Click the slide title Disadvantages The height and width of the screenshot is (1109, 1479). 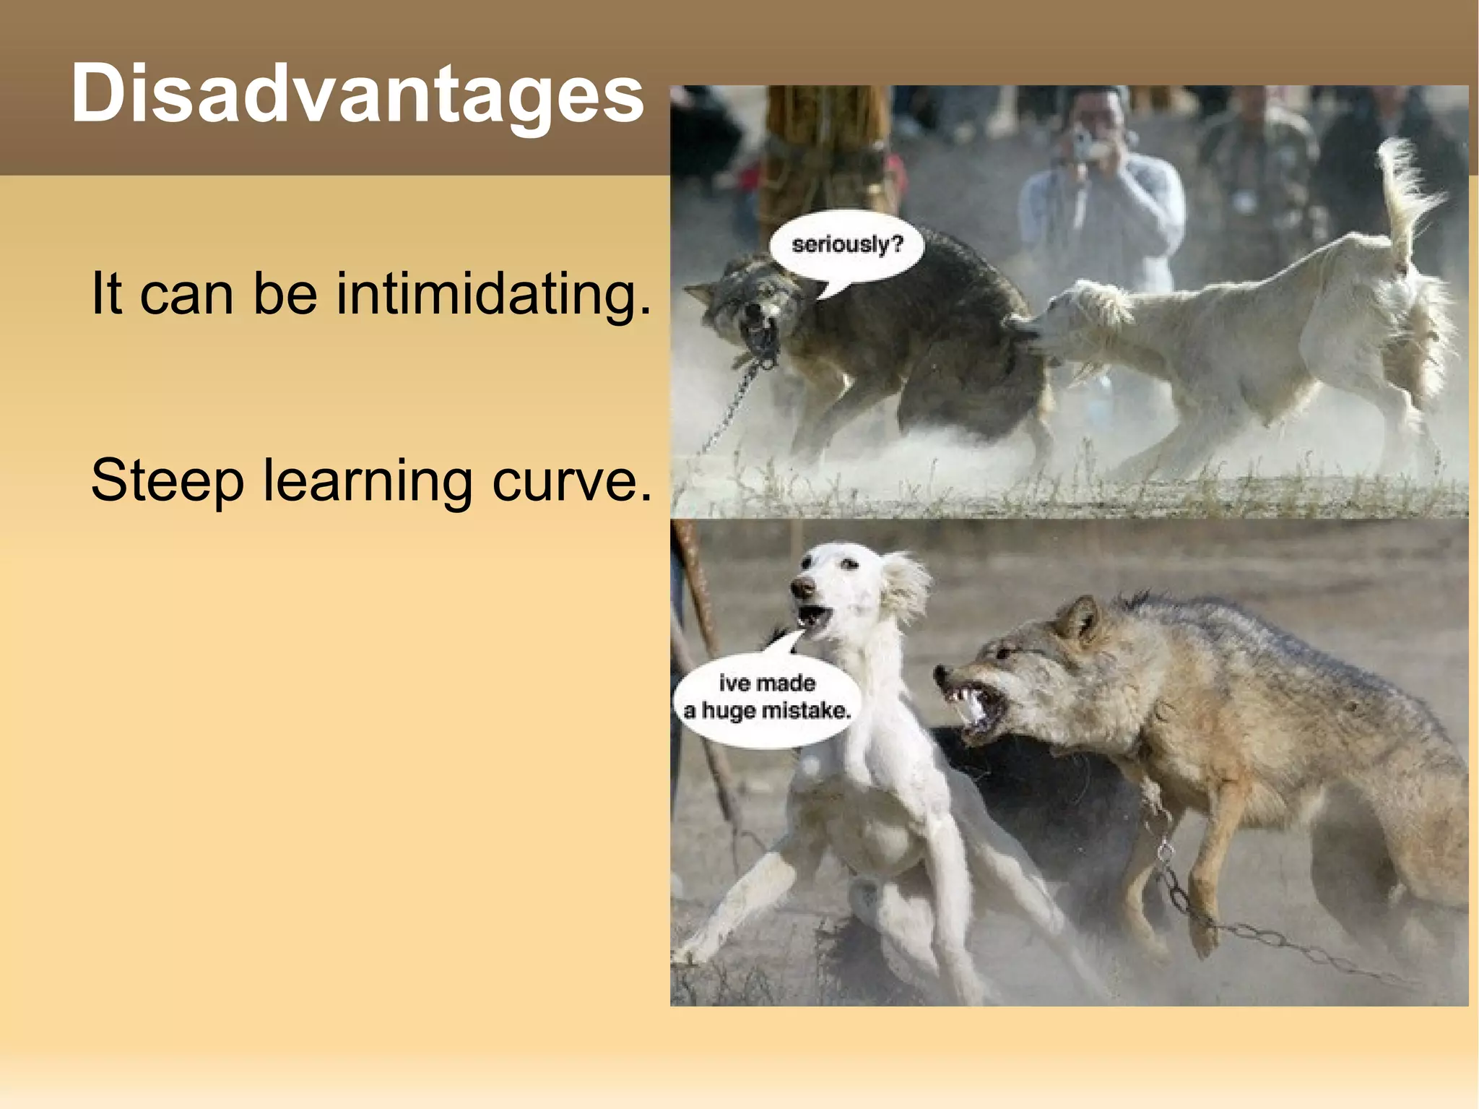(x=357, y=94)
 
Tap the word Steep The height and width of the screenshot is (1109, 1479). (x=168, y=480)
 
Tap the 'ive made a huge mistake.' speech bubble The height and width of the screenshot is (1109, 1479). (x=767, y=698)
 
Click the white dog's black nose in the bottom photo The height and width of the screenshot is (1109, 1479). (x=800, y=587)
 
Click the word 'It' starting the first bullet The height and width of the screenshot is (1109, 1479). (x=106, y=294)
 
